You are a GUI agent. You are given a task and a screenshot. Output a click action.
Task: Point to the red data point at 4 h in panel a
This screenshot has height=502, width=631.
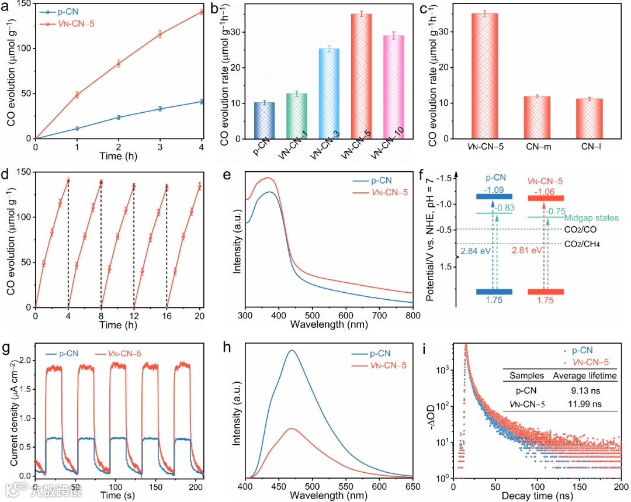tap(202, 12)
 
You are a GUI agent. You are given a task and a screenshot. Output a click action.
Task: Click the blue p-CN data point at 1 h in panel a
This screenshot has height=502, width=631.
tap(77, 129)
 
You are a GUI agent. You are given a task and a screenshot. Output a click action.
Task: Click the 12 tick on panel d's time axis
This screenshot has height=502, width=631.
tap(134, 317)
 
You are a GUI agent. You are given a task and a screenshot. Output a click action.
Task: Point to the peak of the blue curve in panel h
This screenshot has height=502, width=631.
tap(291, 351)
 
